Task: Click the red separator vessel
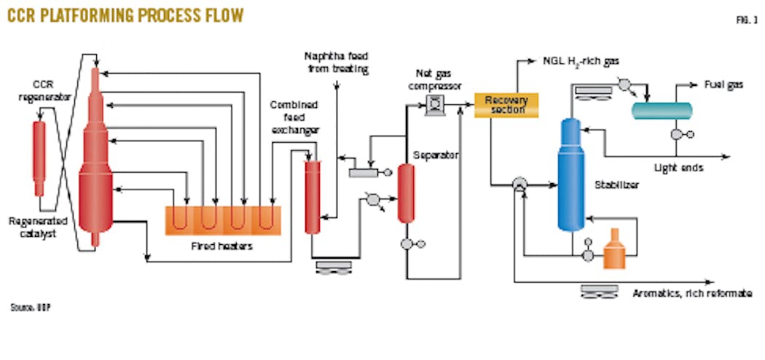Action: (406, 192)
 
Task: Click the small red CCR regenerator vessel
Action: (39, 152)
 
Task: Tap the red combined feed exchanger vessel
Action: (312, 195)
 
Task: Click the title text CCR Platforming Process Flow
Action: (125, 15)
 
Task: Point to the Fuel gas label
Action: (723, 85)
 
